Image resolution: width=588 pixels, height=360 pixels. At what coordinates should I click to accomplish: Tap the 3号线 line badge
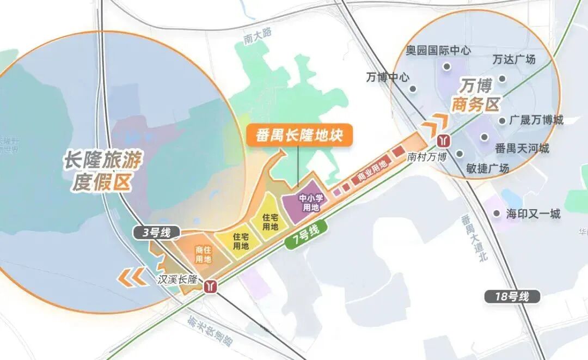(157, 233)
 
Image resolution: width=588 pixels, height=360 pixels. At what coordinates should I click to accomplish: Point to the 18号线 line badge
(512, 297)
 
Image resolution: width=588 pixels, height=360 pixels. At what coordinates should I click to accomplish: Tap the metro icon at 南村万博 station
(444, 141)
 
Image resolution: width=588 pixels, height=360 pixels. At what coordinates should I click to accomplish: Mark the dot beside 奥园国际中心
(446, 67)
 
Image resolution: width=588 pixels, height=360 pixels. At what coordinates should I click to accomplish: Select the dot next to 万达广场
(502, 79)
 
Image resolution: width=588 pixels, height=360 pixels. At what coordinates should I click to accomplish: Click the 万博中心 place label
(388, 78)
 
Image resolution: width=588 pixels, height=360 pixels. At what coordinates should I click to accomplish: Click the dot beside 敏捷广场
(459, 154)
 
